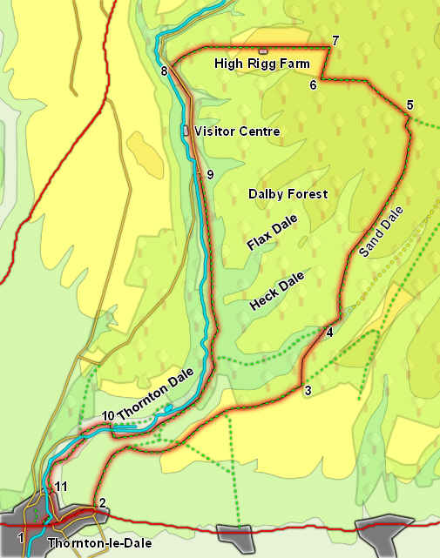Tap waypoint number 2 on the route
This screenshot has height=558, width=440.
pos(102,502)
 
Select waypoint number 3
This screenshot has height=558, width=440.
pos(308,392)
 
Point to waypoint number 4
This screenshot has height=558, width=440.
pos(329,332)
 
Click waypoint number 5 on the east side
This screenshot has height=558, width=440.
pos(410,105)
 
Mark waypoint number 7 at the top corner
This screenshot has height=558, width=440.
pos(335,41)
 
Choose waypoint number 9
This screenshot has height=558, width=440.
pos(210,174)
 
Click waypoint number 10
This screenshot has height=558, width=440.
pos(108,414)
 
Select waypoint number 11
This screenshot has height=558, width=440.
pos(61,486)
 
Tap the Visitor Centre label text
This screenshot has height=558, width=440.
pos(237,131)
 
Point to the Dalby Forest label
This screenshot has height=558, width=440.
pos(288,193)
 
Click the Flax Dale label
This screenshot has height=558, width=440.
pos(272,233)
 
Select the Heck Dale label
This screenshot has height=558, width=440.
pos(277,292)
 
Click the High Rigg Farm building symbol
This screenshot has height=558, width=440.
pos(263,51)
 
